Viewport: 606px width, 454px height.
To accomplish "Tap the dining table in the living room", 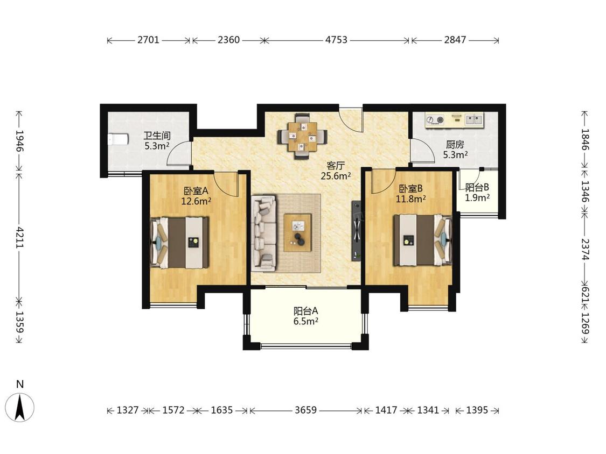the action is click(302, 137).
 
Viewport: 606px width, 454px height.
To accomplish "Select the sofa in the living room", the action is click(264, 233).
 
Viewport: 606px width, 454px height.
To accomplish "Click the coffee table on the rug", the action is click(297, 233).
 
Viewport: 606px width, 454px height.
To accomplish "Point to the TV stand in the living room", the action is click(356, 231).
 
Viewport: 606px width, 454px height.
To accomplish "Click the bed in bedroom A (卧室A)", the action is click(180, 243).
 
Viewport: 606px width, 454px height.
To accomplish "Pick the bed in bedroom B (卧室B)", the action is click(423, 240).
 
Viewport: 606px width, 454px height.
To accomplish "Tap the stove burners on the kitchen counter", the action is click(435, 120).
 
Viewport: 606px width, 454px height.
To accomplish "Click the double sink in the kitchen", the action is click(474, 119).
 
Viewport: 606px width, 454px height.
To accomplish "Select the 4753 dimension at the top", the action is click(336, 40).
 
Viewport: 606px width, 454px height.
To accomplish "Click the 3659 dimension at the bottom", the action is click(306, 410).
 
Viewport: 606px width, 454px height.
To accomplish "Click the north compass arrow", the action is click(20, 408).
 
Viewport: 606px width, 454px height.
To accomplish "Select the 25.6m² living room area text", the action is click(336, 176).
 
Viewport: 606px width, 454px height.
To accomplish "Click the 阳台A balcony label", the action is click(306, 311).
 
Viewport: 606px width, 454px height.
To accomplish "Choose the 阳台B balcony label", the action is click(477, 188).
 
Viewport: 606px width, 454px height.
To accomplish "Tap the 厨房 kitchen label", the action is click(455, 145).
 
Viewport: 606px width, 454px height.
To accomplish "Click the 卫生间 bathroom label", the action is click(157, 136).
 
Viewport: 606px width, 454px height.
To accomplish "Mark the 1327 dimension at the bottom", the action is click(128, 410).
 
